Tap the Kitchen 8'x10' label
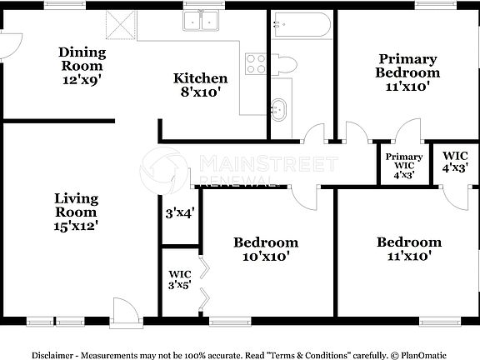click(200, 86)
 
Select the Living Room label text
click(76, 212)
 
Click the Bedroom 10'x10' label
click(265, 249)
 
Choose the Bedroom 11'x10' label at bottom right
click(408, 249)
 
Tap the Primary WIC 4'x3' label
click(403, 165)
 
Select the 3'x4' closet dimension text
click(180, 213)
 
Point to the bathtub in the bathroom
click(300, 25)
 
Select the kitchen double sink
click(201, 22)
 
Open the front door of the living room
click(125, 311)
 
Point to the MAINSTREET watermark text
click(267, 163)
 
